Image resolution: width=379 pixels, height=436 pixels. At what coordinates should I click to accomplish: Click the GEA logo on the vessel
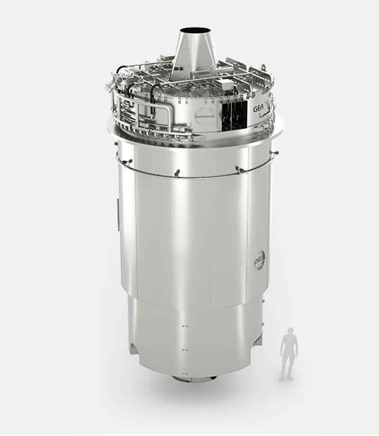(258, 109)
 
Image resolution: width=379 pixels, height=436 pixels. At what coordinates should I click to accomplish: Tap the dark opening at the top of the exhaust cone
(195, 30)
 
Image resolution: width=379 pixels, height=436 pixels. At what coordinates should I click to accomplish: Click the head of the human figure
(290, 331)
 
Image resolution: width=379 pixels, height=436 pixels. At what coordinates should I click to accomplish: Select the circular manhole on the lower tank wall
(260, 260)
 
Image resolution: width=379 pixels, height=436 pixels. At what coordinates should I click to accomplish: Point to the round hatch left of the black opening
(204, 116)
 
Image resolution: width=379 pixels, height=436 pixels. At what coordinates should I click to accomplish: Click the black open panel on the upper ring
(234, 116)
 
